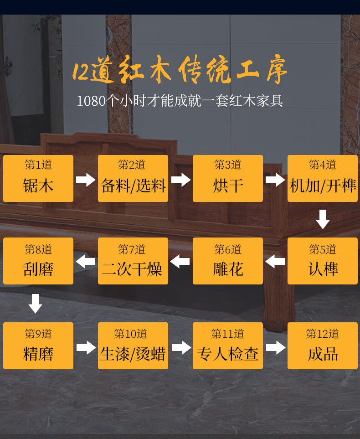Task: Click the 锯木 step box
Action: click(x=38, y=178)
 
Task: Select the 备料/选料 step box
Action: click(x=133, y=178)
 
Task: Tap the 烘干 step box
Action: click(x=228, y=178)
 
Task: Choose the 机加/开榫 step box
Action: click(x=323, y=178)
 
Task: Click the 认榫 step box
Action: click(x=323, y=261)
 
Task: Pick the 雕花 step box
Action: click(x=228, y=261)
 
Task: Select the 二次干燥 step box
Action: click(x=133, y=261)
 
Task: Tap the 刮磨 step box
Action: click(x=38, y=261)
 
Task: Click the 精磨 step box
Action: click(x=38, y=346)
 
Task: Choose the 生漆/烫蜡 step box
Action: click(x=133, y=346)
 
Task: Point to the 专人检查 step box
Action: click(x=228, y=346)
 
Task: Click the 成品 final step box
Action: click(x=323, y=346)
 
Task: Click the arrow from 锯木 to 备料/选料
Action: click(x=86, y=180)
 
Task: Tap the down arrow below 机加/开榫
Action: click(x=323, y=219)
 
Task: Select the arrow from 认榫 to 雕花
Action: click(x=275, y=262)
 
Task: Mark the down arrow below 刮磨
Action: click(x=36, y=303)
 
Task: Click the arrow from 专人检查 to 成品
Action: click(x=275, y=347)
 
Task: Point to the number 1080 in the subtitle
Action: click(x=91, y=101)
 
